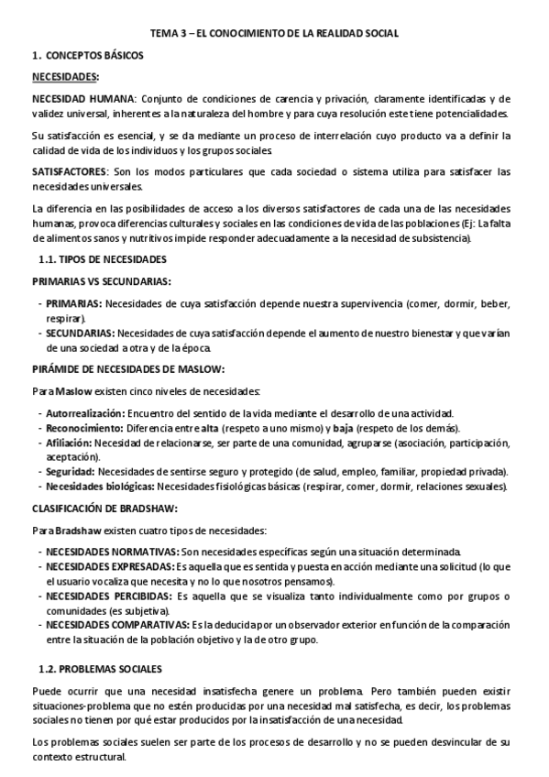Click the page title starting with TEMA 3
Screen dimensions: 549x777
(274, 33)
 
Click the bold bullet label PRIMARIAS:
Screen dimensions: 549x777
(75, 302)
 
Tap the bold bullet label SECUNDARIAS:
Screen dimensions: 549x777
(81, 334)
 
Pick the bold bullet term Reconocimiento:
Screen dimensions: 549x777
(84, 428)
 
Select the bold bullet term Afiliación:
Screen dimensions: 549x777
(69, 443)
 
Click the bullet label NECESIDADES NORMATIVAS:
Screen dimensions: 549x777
(113, 552)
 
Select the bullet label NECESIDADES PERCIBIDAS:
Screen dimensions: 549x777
(108, 596)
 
